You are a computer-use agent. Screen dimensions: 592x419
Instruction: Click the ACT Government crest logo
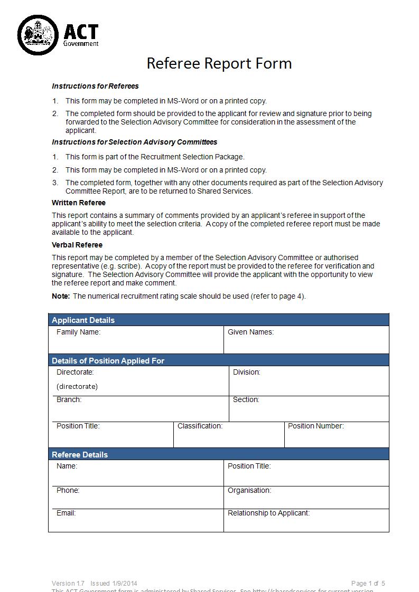tap(38, 35)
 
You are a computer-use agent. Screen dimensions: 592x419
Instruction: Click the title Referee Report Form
tap(219, 63)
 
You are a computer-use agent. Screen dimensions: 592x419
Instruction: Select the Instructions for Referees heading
tap(95, 86)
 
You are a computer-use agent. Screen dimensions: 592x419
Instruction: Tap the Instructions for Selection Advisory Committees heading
tap(134, 142)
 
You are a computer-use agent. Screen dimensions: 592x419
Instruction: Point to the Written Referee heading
tap(79, 203)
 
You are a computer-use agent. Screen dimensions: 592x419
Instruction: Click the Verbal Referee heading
tap(77, 245)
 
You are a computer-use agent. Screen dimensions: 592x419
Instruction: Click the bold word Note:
tap(61, 296)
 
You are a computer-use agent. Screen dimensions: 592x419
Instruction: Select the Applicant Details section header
tap(83, 320)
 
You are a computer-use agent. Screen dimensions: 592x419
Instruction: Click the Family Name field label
tap(78, 332)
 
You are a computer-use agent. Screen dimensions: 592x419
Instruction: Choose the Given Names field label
tap(250, 332)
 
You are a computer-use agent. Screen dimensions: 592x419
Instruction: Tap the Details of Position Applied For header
tap(108, 361)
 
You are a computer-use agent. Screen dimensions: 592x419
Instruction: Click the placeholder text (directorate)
tap(77, 386)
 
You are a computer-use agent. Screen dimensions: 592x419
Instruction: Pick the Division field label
tap(246, 372)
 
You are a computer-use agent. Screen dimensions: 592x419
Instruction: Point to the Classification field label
tap(200, 426)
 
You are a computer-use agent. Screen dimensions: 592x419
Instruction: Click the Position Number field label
tap(315, 426)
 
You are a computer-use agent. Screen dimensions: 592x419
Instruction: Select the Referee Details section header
tap(79, 455)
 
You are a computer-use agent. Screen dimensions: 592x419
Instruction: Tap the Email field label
tap(66, 513)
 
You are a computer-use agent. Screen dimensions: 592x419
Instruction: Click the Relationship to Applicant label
tap(268, 513)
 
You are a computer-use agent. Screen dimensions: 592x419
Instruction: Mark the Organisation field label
tap(249, 490)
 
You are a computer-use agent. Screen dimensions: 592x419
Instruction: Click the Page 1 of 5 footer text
tap(368, 583)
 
